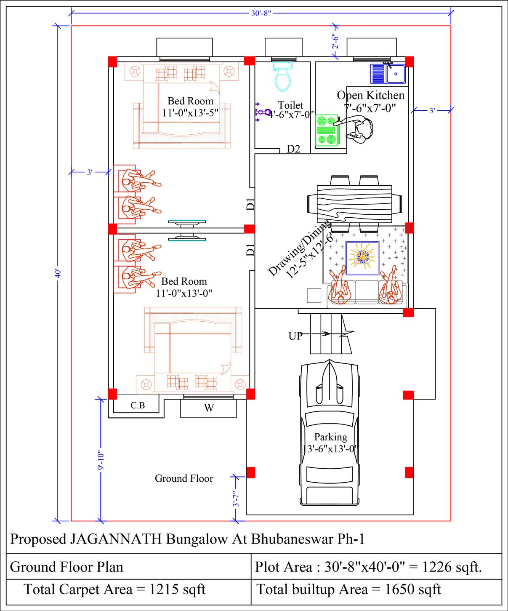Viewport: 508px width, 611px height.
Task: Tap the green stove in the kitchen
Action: (327, 131)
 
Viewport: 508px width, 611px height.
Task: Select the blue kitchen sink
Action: (388, 74)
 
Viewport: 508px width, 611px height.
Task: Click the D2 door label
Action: (293, 149)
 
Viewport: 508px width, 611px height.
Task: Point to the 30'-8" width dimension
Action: (261, 13)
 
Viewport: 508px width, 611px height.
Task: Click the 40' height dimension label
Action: (58, 274)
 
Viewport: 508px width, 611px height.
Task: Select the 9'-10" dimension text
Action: (101, 461)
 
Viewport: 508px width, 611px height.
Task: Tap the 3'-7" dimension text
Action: (237, 499)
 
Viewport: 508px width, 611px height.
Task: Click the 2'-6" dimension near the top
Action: (335, 41)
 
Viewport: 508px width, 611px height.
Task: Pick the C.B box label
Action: (138, 406)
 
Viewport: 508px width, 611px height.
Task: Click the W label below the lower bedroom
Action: (209, 408)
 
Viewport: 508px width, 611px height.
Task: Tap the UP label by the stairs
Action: (295, 336)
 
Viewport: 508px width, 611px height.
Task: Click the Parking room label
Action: (331, 437)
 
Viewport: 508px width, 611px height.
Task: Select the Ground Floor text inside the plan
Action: (184, 478)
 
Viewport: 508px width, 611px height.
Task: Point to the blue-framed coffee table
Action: (362, 258)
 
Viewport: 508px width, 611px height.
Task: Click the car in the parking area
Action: (330, 434)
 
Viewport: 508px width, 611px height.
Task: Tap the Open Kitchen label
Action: (371, 96)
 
